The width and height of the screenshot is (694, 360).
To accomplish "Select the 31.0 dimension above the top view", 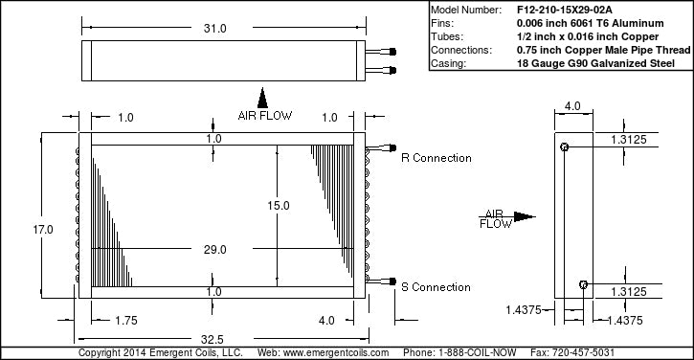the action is (x=215, y=29).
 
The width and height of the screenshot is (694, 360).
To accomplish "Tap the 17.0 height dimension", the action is (x=43, y=230).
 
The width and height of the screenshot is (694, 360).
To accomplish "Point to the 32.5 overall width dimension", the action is (x=212, y=339).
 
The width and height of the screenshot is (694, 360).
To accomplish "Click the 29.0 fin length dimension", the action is (x=215, y=249).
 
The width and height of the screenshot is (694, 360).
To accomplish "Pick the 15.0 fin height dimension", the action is (x=279, y=206).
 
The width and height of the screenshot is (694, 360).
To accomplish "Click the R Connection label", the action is (x=437, y=158).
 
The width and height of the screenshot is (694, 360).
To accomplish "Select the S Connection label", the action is (x=436, y=287).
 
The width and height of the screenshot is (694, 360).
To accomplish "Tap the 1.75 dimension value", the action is (x=126, y=320).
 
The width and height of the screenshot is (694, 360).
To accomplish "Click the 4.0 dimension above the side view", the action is (x=572, y=106).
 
